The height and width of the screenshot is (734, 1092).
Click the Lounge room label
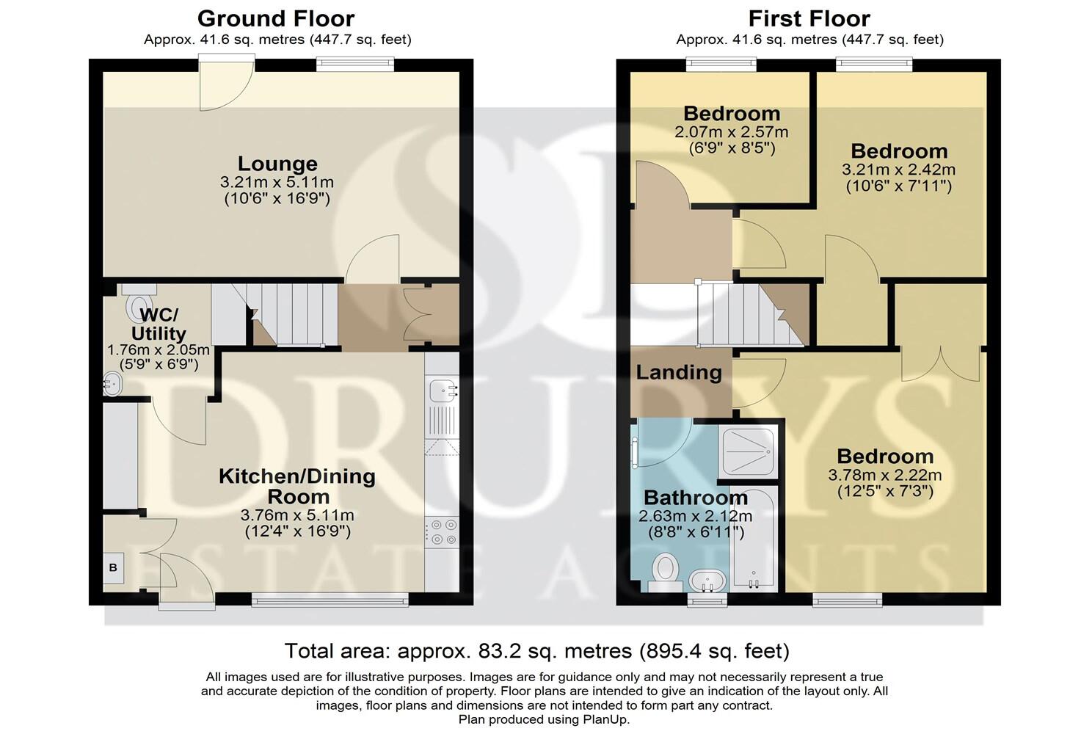click(x=277, y=164)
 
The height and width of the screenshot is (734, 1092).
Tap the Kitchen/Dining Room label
click(x=296, y=486)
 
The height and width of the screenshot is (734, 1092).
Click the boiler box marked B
click(x=113, y=567)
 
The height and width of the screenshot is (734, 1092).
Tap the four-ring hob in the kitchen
click(x=443, y=532)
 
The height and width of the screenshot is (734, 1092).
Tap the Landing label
click(x=678, y=372)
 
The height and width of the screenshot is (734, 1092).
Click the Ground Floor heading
click(x=276, y=18)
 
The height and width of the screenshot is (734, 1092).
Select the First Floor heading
click(x=809, y=18)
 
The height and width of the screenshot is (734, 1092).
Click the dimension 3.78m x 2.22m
click(x=884, y=476)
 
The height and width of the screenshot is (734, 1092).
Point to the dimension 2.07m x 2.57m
click(x=731, y=133)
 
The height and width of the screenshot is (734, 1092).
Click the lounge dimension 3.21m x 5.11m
click(x=277, y=183)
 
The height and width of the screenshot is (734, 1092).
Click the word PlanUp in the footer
click(x=604, y=720)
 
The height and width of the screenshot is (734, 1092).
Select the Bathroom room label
click(x=695, y=498)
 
